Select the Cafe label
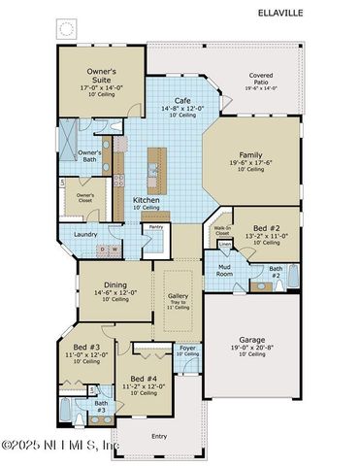(182, 101)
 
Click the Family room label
(250, 154)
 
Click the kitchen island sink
(153, 172)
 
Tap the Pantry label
(155, 228)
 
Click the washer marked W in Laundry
(115, 250)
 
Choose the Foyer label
(187, 349)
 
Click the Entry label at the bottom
(158, 437)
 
